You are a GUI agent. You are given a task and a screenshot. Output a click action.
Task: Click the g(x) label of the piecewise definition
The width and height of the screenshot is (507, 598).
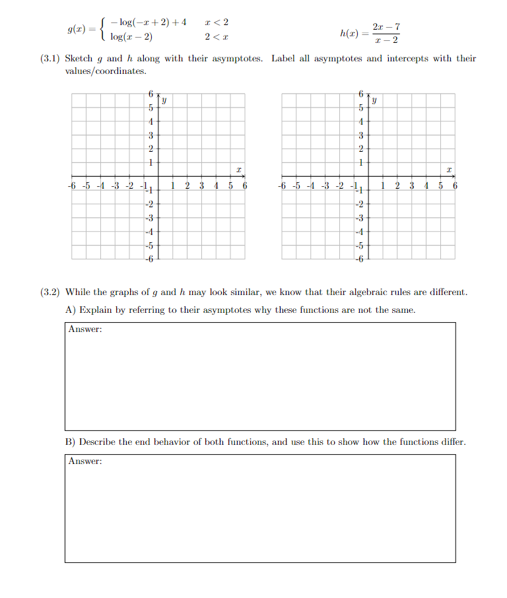79,30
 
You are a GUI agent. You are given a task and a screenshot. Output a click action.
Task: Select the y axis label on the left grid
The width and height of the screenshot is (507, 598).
164,101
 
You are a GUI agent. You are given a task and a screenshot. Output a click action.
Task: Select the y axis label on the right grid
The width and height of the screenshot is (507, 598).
374,101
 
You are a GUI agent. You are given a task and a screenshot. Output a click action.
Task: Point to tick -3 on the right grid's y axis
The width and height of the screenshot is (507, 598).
360,218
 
